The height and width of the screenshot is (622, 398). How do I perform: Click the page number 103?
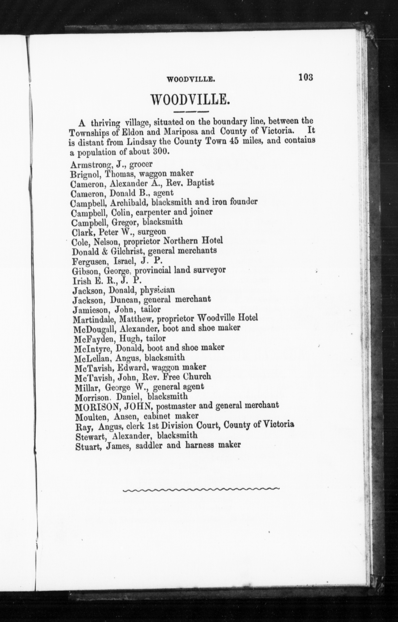[306, 77]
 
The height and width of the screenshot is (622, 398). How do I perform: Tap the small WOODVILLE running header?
[191, 80]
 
